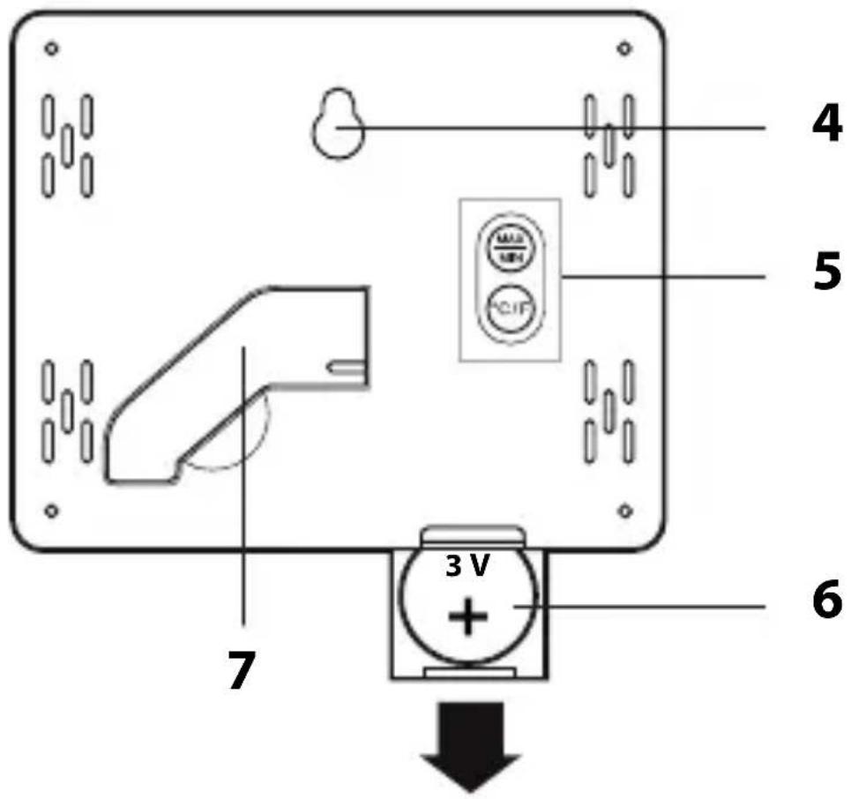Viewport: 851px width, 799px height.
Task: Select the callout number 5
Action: pyautogui.click(x=825, y=274)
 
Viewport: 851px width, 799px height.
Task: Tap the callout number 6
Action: pyautogui.click(x=825, y=603)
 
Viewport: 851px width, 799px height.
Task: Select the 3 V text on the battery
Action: pyautogui.click(x=467, y=568)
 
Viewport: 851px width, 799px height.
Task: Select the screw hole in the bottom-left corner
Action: pyautogui.click(x=51, y=509)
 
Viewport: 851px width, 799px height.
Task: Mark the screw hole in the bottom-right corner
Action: pyautogui.click(x=624, y=509)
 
